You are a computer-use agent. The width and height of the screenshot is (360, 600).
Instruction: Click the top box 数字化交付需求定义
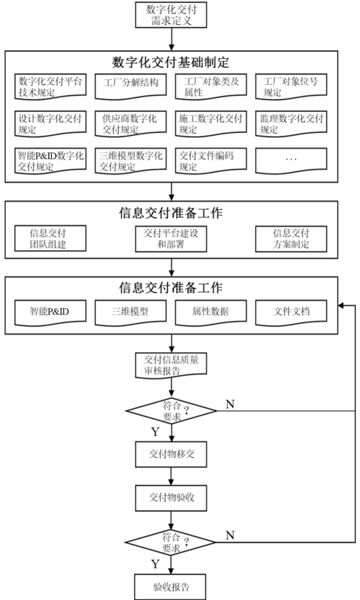[171, 15]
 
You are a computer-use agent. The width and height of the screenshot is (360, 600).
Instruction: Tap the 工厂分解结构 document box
[131, 86]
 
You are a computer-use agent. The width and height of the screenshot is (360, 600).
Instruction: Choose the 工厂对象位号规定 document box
[291, 86]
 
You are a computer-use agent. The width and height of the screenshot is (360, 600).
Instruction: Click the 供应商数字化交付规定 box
[131, 124]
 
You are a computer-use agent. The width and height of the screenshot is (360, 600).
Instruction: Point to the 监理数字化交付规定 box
[291, 124]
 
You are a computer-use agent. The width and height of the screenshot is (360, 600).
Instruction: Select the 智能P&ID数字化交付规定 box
[50, 161]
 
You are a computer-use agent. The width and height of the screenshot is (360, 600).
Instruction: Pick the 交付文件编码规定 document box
[211, 161]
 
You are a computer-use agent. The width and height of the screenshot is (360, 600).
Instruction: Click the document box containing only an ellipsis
[291, 161]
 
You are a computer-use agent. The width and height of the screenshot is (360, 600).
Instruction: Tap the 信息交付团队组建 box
[50, 238]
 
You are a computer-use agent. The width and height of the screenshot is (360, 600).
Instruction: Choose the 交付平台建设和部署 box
[171, 238]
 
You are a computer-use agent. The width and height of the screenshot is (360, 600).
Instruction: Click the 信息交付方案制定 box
[291, 238]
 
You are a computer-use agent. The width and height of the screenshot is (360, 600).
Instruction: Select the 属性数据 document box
[211, 313]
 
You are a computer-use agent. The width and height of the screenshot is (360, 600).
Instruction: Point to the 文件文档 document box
[291, 313]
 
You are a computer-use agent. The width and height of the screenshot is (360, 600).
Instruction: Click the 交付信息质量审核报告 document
[171, 364]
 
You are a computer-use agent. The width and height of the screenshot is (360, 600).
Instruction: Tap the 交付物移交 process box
[171, 454]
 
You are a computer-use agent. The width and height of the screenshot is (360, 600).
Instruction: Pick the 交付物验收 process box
[171, 498]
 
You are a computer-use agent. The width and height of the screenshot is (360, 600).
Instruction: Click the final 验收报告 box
[170, 587]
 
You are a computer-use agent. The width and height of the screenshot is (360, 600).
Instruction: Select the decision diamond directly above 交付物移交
[171, 411]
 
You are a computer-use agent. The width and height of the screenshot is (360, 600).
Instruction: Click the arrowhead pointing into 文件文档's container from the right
[342, 306]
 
